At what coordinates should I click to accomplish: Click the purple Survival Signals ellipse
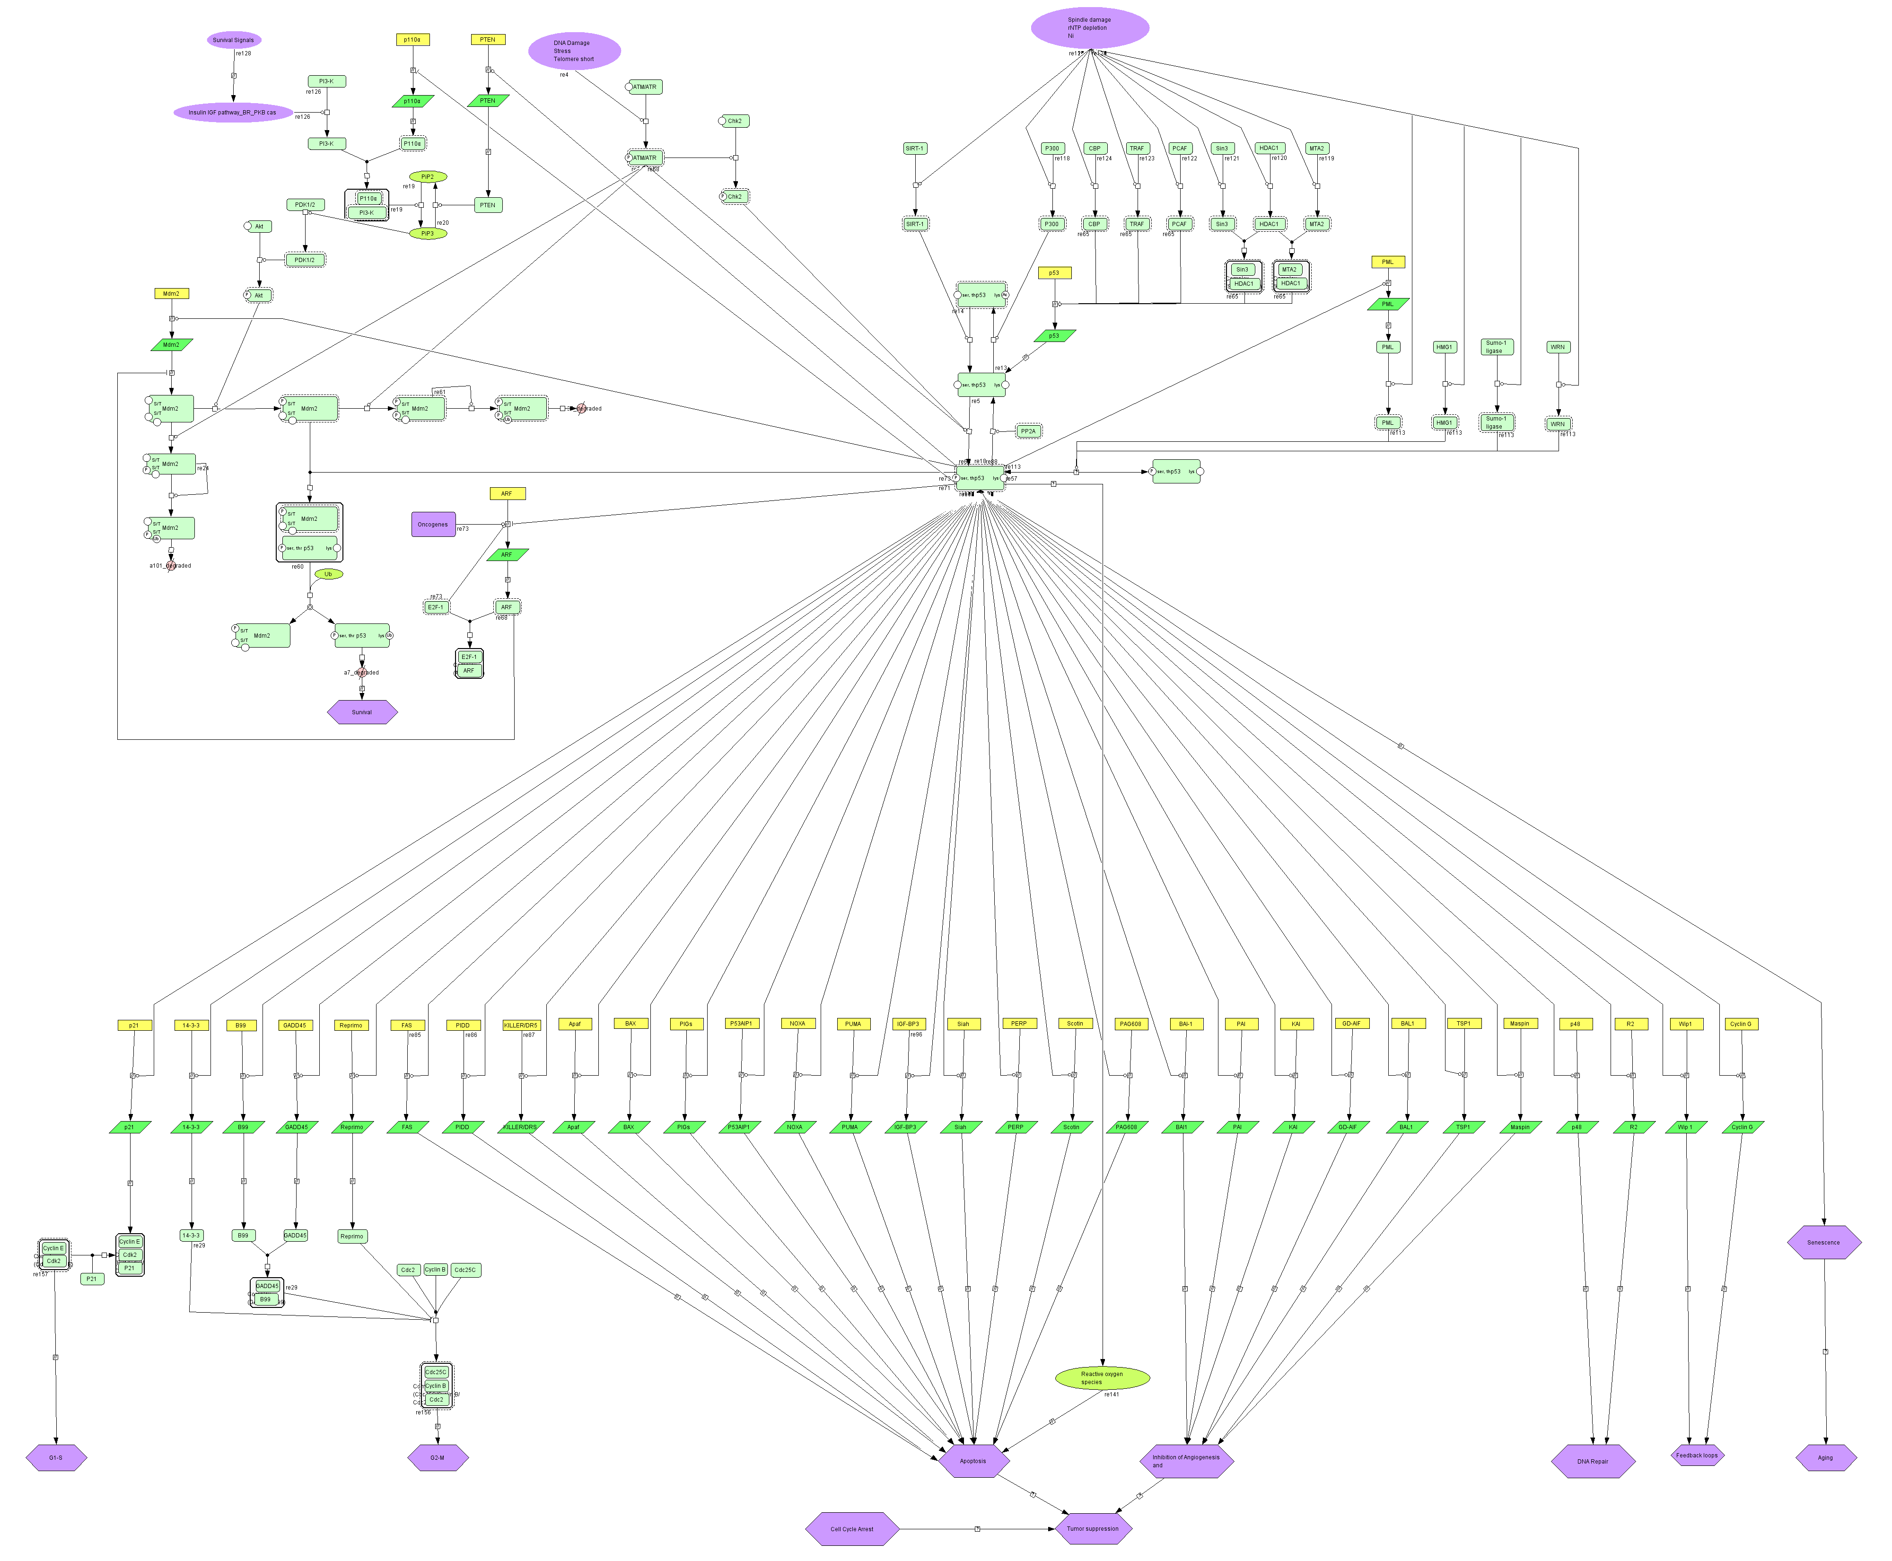[234, 40]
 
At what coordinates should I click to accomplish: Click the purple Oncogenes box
[432, 524]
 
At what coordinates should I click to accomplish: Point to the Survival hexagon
[361, 712]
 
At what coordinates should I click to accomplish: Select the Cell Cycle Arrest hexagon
[851, 1529]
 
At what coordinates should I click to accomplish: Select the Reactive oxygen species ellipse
[1102, 1377]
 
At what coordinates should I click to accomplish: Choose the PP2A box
[1028, 431]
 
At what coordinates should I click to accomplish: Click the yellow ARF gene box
[507, 494]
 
